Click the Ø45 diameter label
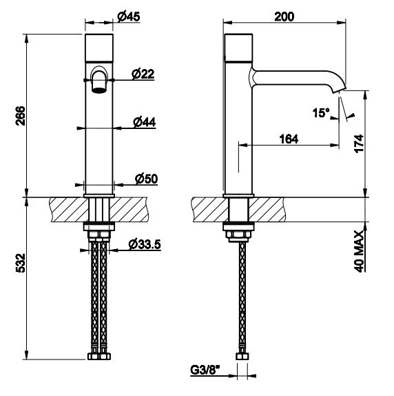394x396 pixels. tap(129, 17)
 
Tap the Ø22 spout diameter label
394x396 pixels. tap(143, 74)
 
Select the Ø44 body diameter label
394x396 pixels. tap(145, 122)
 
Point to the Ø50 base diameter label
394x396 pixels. tap(146, 179)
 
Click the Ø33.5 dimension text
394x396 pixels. tap(145, 244)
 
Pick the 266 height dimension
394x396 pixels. tap(20, 116)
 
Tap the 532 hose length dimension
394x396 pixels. tap(20, 263)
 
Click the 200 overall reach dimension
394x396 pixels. tap(284, 17)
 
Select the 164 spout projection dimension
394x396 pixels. tap(289, 139)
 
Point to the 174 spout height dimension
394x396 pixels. tap(359, 143)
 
